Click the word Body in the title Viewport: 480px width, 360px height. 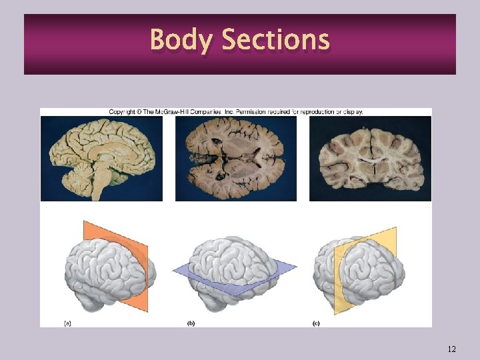click(182, 40)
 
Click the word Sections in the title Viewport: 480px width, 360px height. click(275, 40)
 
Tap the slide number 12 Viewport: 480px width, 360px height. click(452, 349)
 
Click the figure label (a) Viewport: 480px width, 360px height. click(67, 323)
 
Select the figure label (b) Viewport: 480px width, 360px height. click(191, 323)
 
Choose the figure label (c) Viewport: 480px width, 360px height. click(316, 323)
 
